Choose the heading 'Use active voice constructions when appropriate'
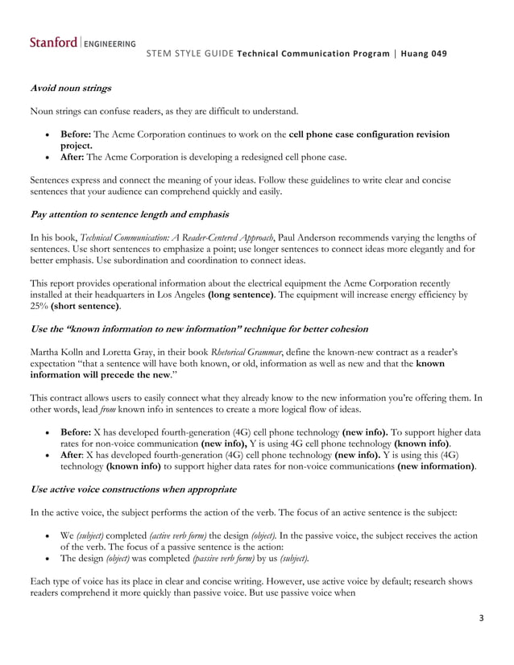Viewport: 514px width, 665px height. [x=133, y=489]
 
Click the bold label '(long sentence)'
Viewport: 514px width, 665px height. [x=243, y=295]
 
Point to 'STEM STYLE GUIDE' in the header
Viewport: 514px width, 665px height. [x=192, y=54]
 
